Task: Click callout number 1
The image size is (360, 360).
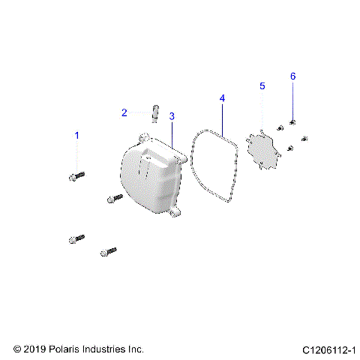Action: [75, 135]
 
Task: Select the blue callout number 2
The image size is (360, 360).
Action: [124, 113]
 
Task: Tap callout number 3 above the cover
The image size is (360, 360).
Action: [172, 116]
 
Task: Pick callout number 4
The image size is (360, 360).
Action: [222, 98]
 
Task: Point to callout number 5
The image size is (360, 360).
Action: [262, 87]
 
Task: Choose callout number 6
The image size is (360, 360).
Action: [293, 76]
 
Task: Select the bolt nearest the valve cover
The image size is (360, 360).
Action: [115, 198]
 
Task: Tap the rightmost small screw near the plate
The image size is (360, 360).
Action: [304, 138]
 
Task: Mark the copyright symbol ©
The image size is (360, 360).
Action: [18, 349]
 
